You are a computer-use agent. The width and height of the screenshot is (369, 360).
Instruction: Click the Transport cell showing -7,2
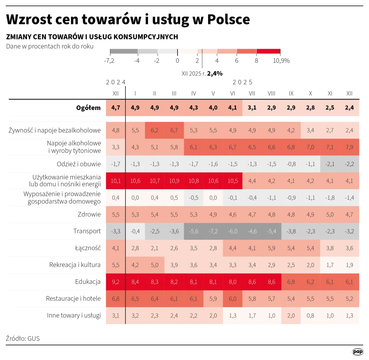pos(213,231)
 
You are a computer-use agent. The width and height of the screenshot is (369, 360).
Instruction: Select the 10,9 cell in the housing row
pos(174,181)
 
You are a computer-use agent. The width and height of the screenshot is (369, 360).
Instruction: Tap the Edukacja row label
pos(88,282)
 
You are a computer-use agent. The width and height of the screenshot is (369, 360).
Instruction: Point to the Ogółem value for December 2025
pos(349,108)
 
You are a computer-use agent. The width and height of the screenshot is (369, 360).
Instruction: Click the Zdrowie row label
pos(89,214)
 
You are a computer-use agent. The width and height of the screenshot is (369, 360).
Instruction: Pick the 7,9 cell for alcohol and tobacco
pos(349,147)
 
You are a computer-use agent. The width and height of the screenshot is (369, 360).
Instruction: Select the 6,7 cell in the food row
pos(174,130)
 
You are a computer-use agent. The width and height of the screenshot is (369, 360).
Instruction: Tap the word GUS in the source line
pos(33,338)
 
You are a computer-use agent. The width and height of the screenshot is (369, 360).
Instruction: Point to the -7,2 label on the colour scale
pos(109,61)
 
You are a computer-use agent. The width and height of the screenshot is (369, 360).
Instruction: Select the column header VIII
pos(271,94)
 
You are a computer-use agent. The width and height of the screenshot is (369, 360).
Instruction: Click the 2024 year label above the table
pos(116,82)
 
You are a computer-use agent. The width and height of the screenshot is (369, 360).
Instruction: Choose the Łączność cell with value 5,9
pos(271,248)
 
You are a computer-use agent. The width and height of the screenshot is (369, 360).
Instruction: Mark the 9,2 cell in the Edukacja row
pos(115,282)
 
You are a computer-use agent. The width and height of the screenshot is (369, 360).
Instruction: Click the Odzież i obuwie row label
pos(79,164)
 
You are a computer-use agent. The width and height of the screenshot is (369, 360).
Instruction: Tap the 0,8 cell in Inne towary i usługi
pos(310,315)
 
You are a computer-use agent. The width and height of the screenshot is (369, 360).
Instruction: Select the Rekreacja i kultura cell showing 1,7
pos(330,265)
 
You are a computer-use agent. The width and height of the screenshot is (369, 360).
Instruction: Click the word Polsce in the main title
pos(229,19)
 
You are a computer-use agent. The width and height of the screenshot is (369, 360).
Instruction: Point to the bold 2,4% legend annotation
pos(215,74)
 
